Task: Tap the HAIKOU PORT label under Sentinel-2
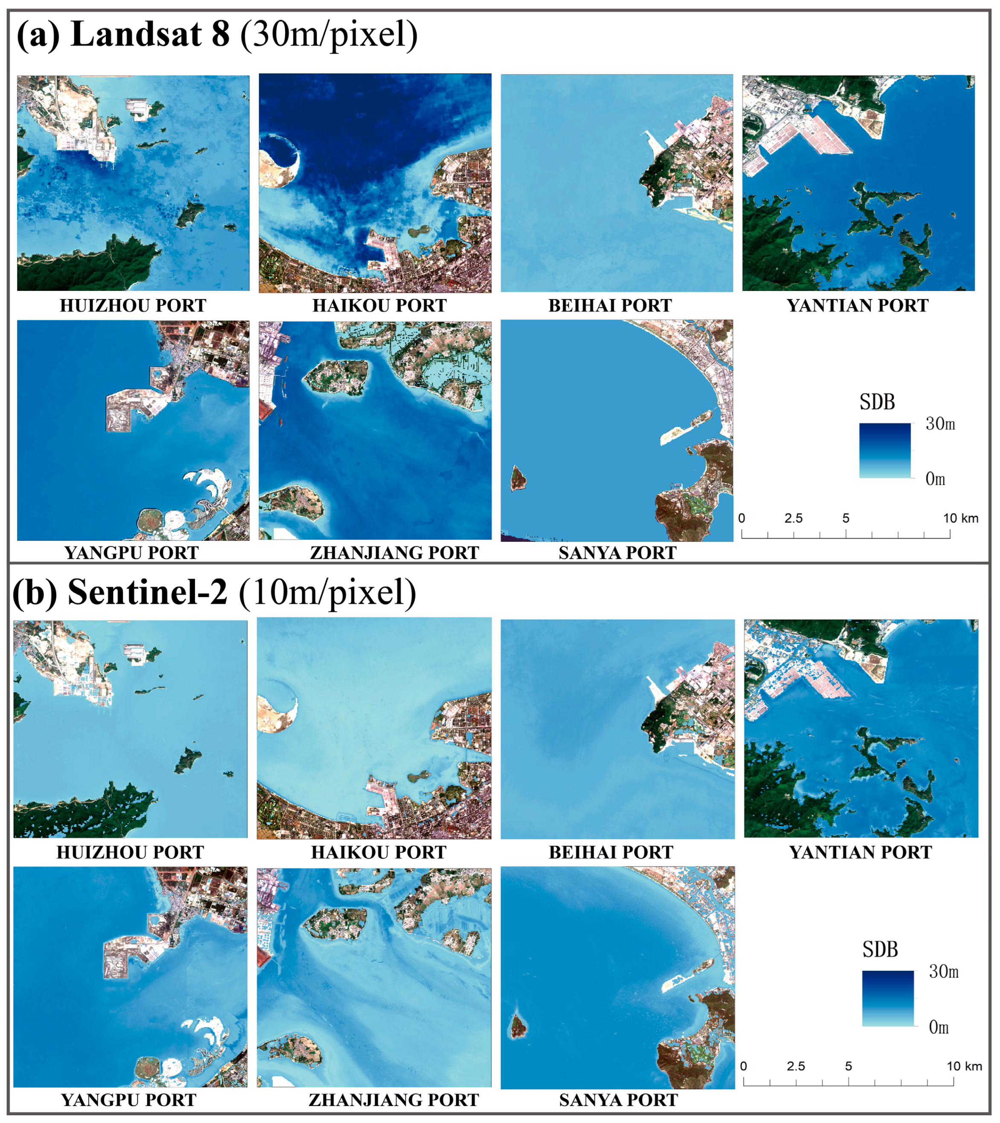pos(379,852)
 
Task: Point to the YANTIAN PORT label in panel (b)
pos(860,852)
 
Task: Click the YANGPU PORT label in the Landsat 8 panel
pos(131,552)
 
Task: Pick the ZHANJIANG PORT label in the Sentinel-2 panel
pos(394,1100)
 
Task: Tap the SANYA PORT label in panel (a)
pos(618,552)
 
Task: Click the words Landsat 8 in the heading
pos(149,34)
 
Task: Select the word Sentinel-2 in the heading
pos(147,593)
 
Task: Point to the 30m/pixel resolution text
pos(329,34)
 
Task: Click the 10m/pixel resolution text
pos(328,593)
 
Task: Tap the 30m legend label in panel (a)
pos(940,424)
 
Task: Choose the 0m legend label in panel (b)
pos(939,1027)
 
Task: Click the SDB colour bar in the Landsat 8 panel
pos(885,450)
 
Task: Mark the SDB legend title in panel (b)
pos(880,949)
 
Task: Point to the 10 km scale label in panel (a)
pos(960,518)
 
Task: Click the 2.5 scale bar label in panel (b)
pos(796,1066)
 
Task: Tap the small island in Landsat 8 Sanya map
pos(518,478)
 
